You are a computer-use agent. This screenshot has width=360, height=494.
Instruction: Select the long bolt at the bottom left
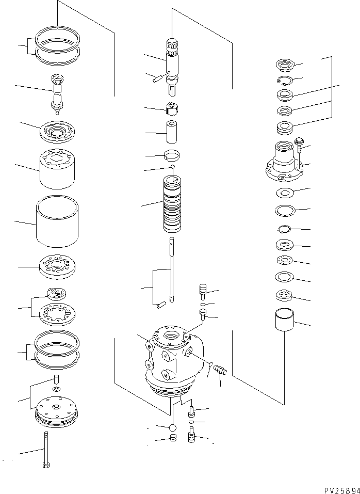[46, 449]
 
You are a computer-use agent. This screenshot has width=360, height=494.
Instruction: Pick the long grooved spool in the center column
[173, 205]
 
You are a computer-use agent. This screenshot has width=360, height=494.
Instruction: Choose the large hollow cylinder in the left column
[57, 221]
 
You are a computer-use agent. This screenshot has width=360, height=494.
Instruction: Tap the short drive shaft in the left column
[57, 91]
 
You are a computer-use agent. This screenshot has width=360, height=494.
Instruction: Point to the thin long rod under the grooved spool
[172, 271]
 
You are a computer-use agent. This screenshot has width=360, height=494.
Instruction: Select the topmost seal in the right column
[284, 65]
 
